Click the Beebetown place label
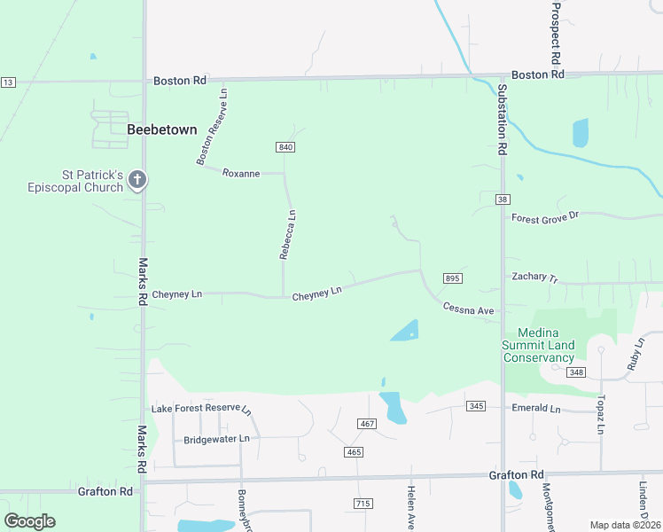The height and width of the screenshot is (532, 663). (161, 129)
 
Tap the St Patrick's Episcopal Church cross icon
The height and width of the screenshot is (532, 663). (136, 180)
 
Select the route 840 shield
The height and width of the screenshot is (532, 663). (285, 146)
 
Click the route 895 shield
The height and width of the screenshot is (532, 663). (452, 278)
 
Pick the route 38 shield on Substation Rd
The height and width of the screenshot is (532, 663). (503, 199)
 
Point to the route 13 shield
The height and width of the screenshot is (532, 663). (8, 82)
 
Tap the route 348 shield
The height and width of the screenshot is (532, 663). (577, 372)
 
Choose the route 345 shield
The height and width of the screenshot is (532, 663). (476, 406)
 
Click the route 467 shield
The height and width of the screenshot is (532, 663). (367, 424)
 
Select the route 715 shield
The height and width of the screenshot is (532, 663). (362, 504)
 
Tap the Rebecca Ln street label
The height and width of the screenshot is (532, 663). (287, 234)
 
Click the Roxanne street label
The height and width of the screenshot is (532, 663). (241, 173)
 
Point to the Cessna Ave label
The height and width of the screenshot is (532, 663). (469, 309)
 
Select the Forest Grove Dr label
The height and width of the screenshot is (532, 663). (544, 215)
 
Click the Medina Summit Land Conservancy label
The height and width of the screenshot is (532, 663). (538, 345)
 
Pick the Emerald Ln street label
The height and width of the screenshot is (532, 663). (537, 409)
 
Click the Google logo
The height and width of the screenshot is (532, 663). (29, 521)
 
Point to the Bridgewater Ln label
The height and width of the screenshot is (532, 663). (216, 439)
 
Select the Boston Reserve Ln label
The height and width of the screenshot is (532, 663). (213, 125)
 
